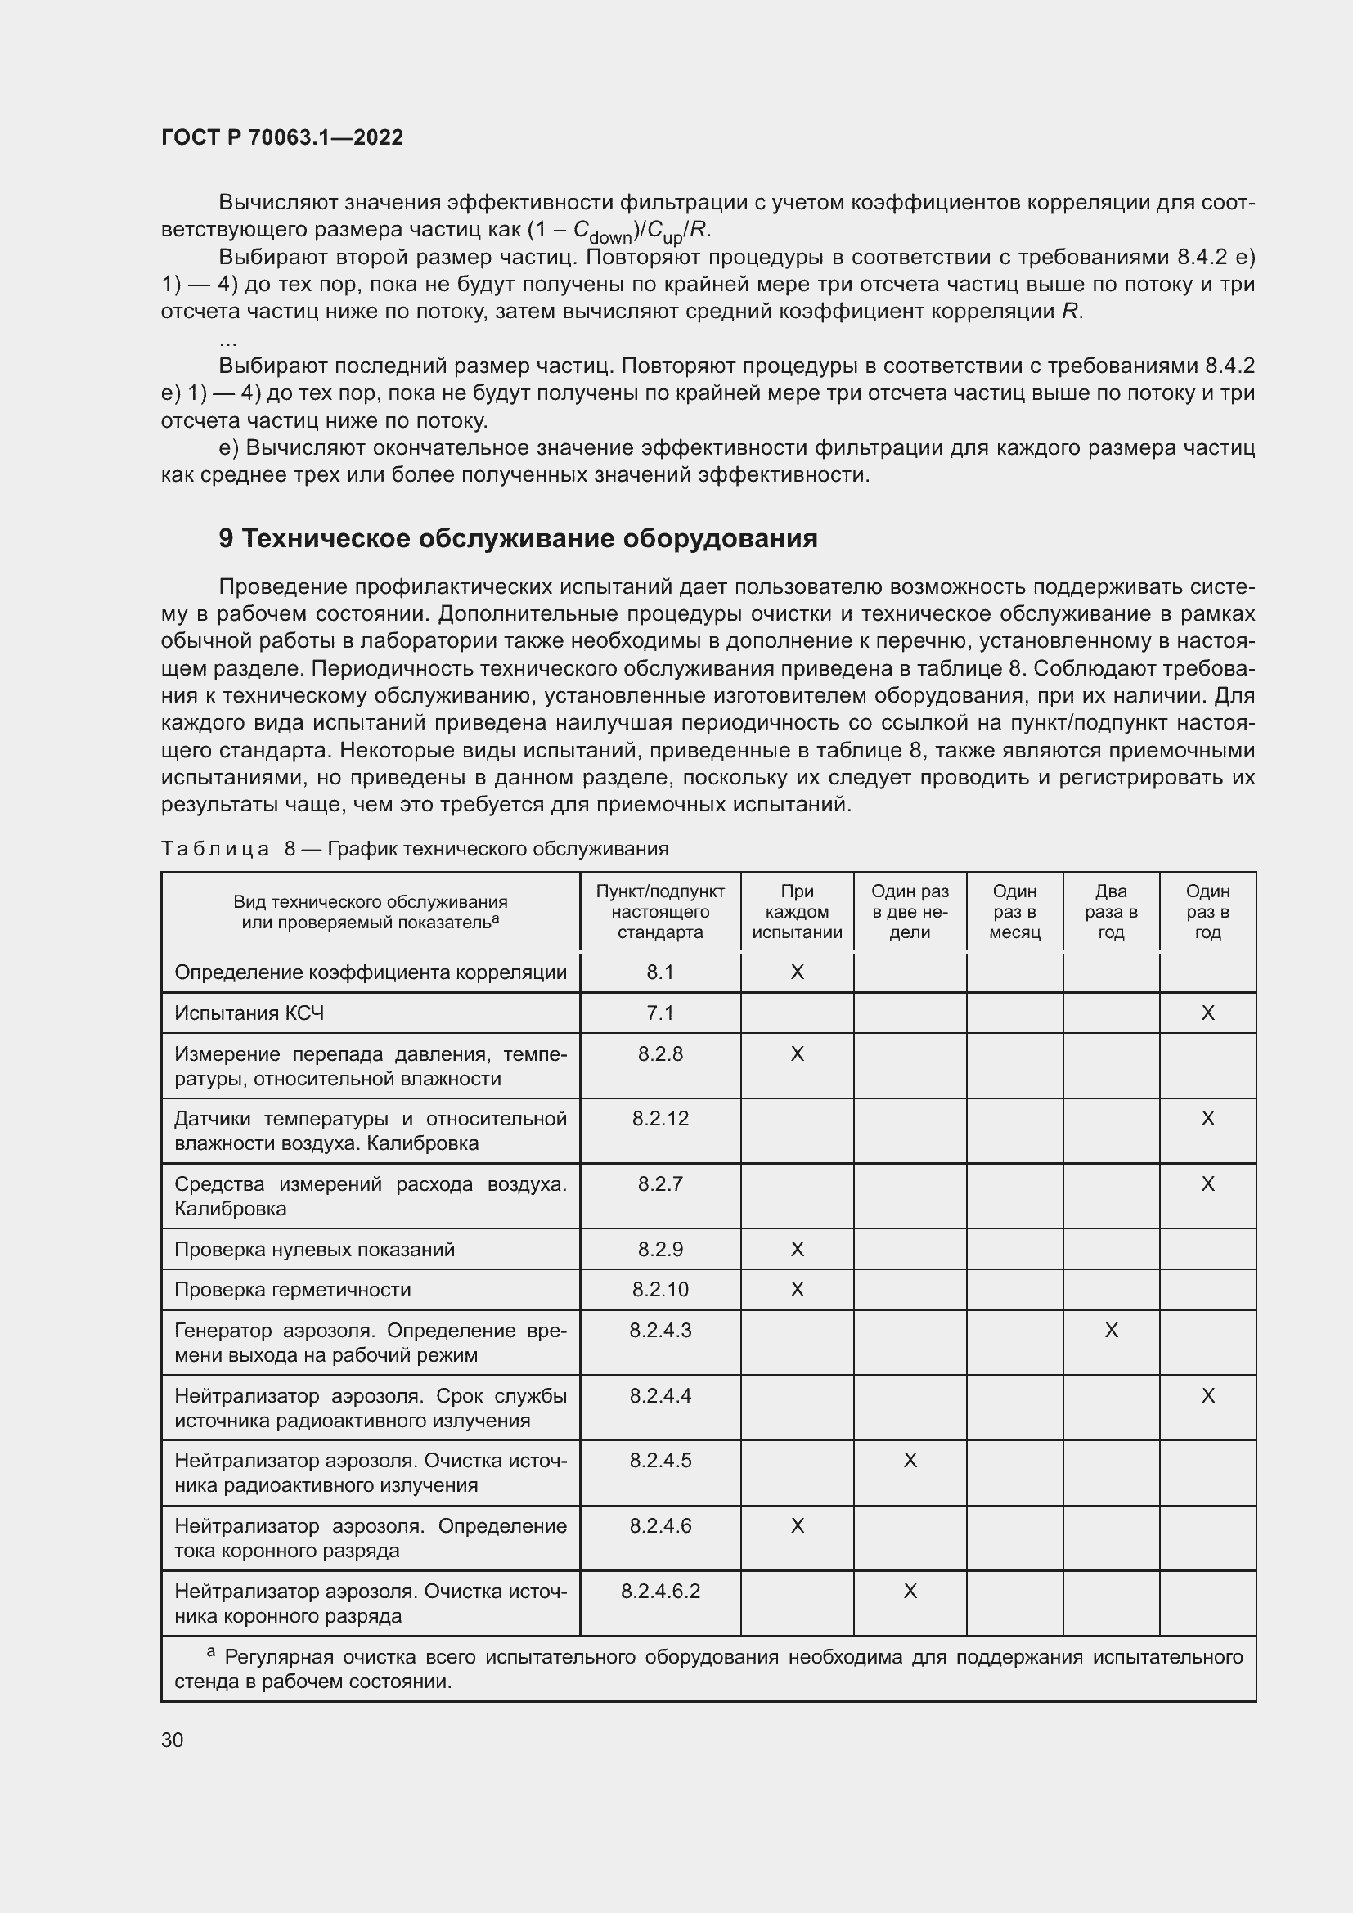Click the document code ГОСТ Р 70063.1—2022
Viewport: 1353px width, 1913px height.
pos(281,137)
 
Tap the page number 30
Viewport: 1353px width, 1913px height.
pos(173,1740)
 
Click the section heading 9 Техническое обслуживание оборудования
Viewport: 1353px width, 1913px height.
pos(517,539)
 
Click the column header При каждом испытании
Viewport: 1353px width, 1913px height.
pos(797,911)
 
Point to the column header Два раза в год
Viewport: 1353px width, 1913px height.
pos(1111,911)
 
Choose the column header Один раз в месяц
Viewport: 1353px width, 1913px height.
pos(1014,911)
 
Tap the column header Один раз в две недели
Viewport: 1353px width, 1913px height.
pos(910,911)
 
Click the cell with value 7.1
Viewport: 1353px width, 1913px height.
pos(660,1013)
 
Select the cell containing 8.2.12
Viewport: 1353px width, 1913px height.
pos(660,1118)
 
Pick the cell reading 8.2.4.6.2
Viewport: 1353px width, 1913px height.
pos(660,1592)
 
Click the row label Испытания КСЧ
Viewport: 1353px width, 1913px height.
pos(249,1013)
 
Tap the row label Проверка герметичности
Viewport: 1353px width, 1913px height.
pos(292,1290)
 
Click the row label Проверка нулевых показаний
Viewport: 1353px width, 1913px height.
pos(314,1249)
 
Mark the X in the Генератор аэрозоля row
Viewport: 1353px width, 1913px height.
pos(1111,1331)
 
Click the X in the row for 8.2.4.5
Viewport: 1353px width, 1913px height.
pos(910,1461)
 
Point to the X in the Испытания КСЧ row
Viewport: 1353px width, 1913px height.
pos(1207,1013)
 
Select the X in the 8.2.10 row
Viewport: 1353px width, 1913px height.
pos(797,1290)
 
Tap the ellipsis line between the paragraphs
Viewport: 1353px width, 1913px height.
pos(227,342)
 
